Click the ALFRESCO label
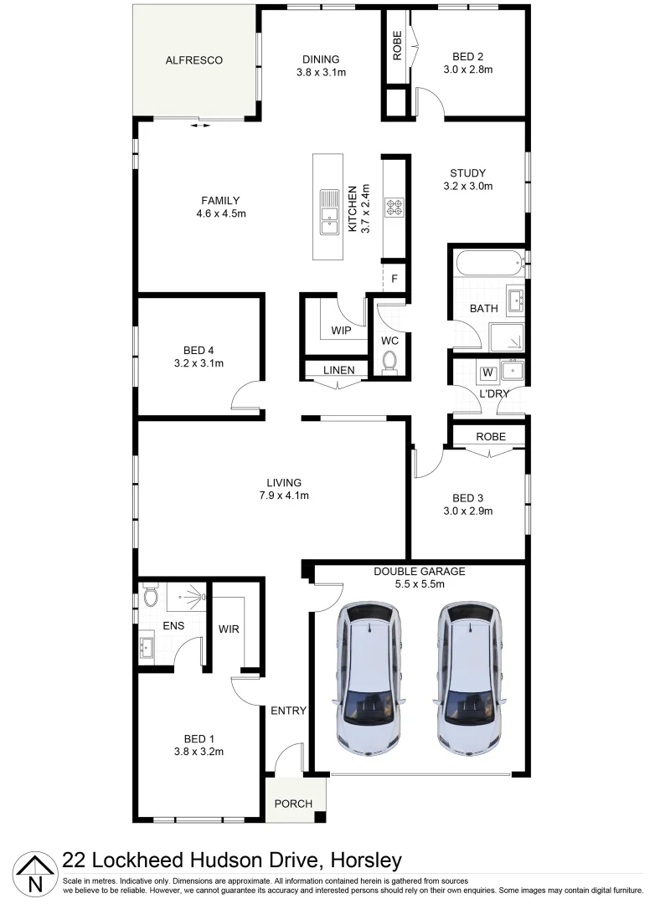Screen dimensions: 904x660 click(x=194, y=60)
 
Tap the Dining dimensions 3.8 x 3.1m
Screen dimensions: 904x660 click(x=321, y=73)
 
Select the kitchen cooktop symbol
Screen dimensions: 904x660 click(x=394, y=206)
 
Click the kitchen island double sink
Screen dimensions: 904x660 click(x=328, y=211)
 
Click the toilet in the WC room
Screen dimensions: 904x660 click(x=389, y=361)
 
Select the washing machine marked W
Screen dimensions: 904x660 click(x=487, y=372)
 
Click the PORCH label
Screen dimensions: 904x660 click(x=293, y=804)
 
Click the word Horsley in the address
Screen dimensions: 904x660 click(x=366, y=860)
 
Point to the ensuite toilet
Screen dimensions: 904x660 click(x=151, y=597)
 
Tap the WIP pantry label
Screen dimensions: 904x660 click(x=341, y=331)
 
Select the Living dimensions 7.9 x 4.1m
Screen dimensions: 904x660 click(x=284, y=496)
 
